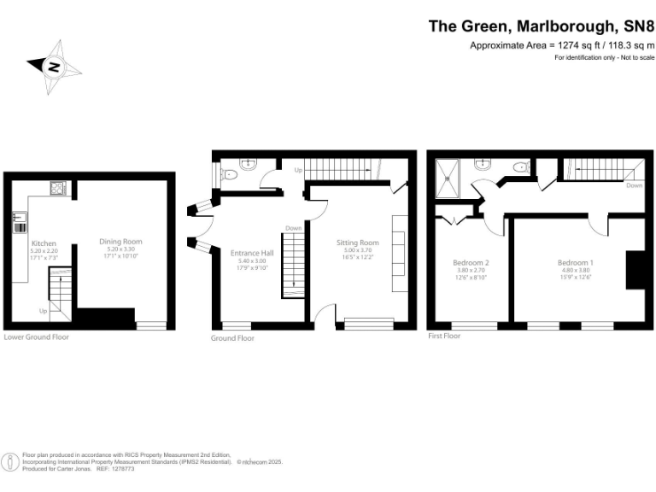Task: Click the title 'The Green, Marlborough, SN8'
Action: pyautogui.click(x=541, y=26)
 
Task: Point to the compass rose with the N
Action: pyautogui.click(x=54, y=65)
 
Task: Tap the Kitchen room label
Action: pyautogui.click(x=44, y=243)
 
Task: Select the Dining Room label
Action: pyautogui.click(x=120, y=243)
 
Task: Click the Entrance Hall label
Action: pyautogui.click(x=252, y=253)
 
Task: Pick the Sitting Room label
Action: pyautogui.click(x=357, y=243)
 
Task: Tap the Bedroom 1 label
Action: pyautogui.click(x=575, y=262)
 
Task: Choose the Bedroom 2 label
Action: pyautogui.click(x=470, y=262)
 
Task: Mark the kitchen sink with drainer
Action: pyautogui.click(x=18, y=222)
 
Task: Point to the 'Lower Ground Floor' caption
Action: pyautogui.click(x=36, y=337)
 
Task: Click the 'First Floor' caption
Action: pyautogui.click(x=444, y=337)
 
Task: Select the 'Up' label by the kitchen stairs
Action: pyautogui.click(x=43, y=311)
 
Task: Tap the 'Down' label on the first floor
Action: pyautogui.click(x=634, y=185)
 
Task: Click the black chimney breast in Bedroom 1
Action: pyautogui.click(x=635, y=271)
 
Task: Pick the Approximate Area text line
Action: pyautogui.click(x=561, y=45)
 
